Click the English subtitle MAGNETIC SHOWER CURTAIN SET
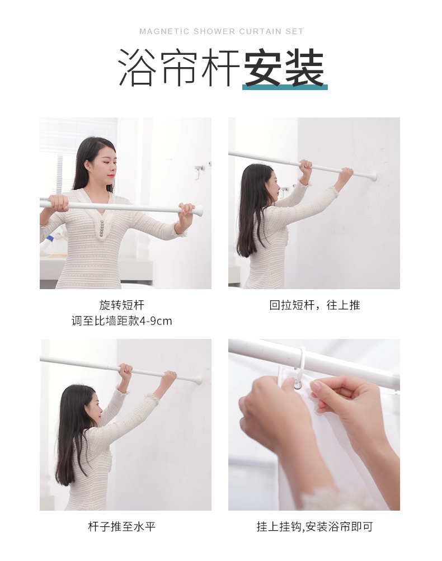tap(221, 31)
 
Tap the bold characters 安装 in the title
tap(284, 68)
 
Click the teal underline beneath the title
tap(285, 87)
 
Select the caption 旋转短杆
tap(121, 305)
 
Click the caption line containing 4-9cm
tap(121, 321)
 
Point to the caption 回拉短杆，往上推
tap(314, 305)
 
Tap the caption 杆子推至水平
tap(121, 527)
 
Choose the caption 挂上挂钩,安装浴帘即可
tap(314, 527)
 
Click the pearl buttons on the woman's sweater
tap(102, 228)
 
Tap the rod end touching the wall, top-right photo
tap(373, 176)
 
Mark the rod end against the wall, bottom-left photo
tap(198, 380)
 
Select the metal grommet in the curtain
tap(298, 385)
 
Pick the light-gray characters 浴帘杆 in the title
tap(178, 68)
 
